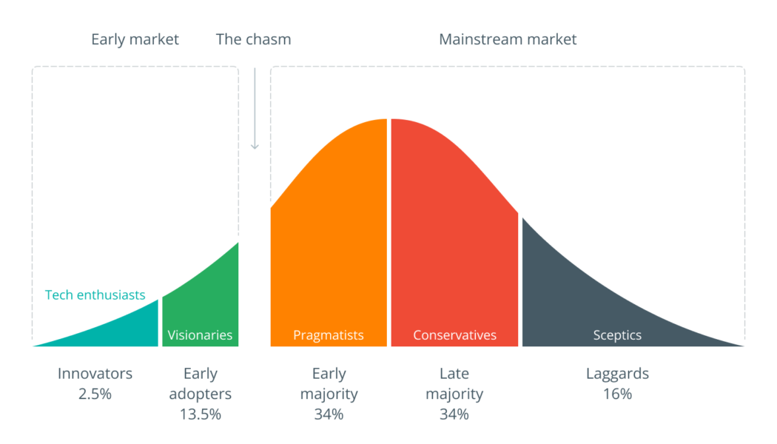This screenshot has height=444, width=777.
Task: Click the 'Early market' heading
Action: pos(135,40)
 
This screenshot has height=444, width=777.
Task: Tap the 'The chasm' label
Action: pos(253,40)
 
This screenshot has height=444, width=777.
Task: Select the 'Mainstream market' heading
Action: pos(508,40)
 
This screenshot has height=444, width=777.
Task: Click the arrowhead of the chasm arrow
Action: pos(255,147)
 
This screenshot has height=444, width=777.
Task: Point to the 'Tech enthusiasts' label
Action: pos(95,295)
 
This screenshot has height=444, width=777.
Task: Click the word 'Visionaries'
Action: pos(200,335)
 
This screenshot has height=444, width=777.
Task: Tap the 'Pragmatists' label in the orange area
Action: pos(328,335)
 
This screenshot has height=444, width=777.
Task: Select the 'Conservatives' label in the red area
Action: pos(454,335)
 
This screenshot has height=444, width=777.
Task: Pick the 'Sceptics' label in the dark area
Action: pos(617,335)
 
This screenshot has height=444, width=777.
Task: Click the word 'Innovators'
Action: pos(95,374)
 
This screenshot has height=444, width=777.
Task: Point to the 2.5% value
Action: pos(95,394)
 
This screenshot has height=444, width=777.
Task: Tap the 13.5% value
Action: pos(201,414)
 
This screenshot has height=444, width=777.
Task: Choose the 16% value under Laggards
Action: pos(617,394)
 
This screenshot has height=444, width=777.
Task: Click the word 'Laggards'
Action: pos(617,374)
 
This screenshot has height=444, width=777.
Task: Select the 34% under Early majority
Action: pos(329,414)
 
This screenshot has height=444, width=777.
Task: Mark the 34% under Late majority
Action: pos(454,414)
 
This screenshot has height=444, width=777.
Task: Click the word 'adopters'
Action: pos(201,394)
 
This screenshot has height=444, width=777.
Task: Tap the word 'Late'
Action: pos(454,374)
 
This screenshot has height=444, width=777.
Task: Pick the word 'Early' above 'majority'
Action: pos(329,374)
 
